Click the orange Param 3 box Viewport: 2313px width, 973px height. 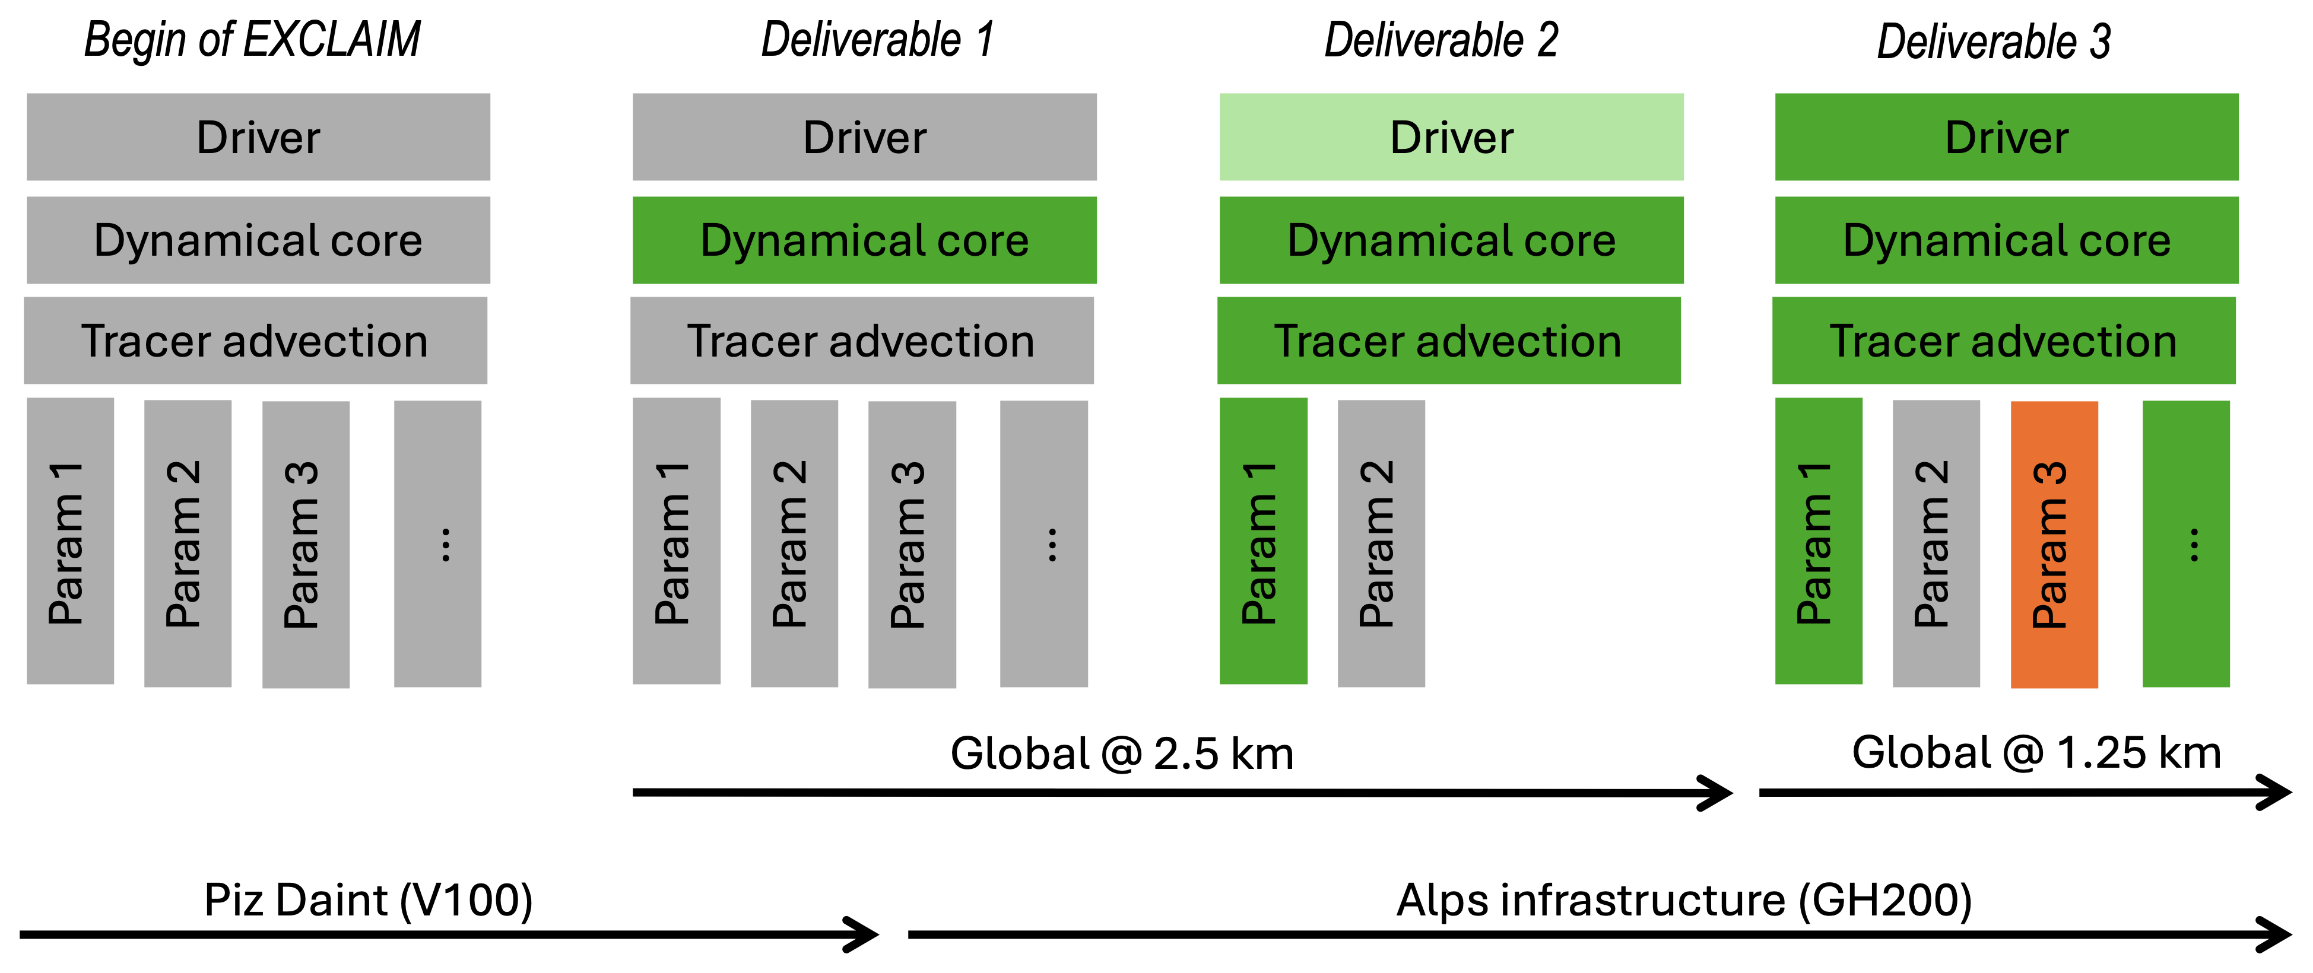pyautogui.click(x=2054, y=544)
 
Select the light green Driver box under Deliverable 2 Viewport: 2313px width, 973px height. pyautogui.click(x=1451, y=137)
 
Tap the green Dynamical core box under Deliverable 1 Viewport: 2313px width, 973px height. pyautogui.click(x=864, y=240)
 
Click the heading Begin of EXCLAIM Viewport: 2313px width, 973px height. pyautogui.click(x=252, y=40)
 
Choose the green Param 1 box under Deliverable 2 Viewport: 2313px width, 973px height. pyautogui.click(x=1262, y=541)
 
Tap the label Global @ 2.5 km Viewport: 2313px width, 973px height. pyautogui.click(x=1122, y=753)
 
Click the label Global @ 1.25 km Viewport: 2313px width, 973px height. pyautogui.click(x=2036, y=752)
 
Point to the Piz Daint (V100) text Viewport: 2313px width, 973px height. pyautogui.click(x=368, y=899)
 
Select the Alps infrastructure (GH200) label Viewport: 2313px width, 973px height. pyautogui.click(x=1684, y=899)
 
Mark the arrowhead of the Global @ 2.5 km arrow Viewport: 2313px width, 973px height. pyautogui.click(x=1716, y=793)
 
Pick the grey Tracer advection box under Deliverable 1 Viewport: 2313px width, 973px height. pyautogui.click(x=862, y=341)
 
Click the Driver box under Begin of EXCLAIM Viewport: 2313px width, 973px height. pyautogui.click(x=259, y=137)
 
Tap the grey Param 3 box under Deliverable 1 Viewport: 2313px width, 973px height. pyautogui.click(x=912, y=544)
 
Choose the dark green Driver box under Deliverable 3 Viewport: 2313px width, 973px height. pyautogui.click(x=2006, y=137)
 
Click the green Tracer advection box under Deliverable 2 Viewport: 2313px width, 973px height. pyautogui.click(x=1448, y=341)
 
